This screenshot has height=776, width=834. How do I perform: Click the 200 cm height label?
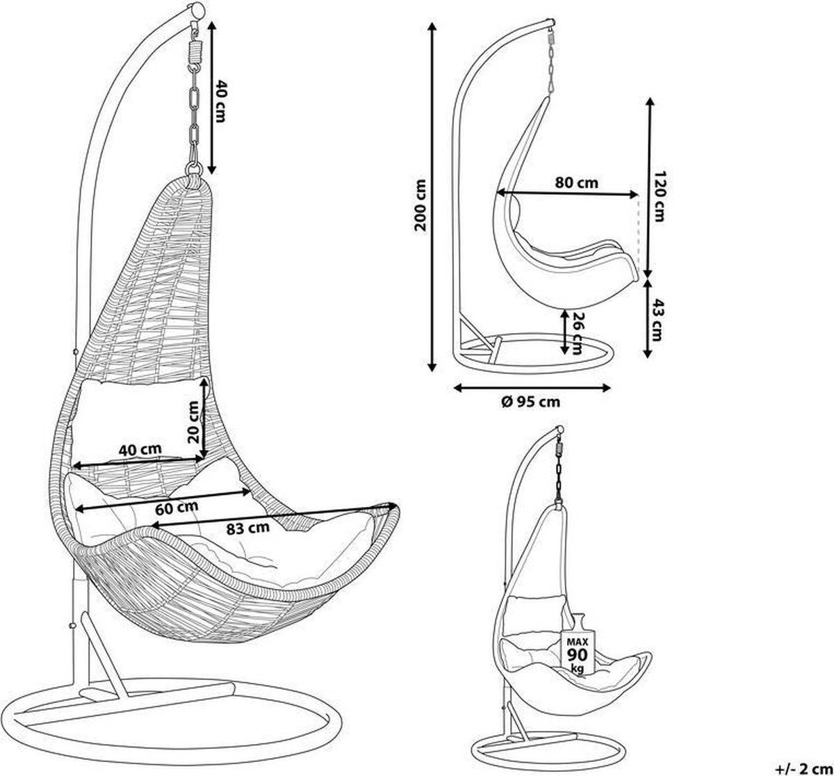420,205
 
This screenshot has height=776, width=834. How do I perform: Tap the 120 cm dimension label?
659,196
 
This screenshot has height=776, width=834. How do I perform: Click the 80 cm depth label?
577,183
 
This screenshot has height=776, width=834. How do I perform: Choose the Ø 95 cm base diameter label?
531,402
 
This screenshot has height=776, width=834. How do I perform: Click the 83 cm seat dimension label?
247,528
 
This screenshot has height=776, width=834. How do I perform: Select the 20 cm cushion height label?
193,422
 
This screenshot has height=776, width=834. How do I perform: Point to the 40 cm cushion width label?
140,449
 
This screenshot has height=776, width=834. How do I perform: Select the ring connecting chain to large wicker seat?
194,169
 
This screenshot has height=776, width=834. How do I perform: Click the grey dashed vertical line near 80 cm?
639,232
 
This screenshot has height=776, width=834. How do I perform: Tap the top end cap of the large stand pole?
196,10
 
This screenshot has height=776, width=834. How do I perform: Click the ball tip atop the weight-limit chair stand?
559,430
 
